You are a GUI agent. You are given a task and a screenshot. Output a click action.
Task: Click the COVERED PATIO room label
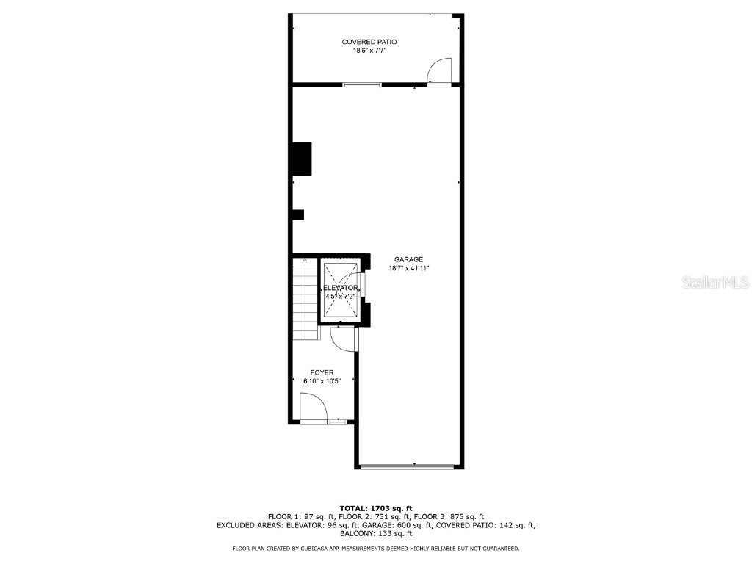point(375,42)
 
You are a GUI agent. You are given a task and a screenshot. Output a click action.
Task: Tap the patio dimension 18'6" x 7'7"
point(375,50)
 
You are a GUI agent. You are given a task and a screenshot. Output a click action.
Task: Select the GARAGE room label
point(408,259)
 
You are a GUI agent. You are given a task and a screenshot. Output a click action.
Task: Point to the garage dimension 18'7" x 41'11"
point(408,268)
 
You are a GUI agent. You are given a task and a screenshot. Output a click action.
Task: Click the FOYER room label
point(322,373)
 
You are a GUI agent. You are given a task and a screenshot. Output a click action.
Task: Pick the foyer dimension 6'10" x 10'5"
point(322,381)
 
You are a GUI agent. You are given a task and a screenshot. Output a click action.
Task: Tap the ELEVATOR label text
point(339,288)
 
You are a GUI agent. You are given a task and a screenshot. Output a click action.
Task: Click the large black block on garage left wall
point(301,158)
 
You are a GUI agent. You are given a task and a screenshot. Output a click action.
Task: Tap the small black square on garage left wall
point(298,214)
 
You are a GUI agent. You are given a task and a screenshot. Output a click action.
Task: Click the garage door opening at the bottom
point(408,466)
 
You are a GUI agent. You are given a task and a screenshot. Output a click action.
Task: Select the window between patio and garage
point(362,84)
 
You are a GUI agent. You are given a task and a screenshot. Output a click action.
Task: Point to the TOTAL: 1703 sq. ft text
point(376,508)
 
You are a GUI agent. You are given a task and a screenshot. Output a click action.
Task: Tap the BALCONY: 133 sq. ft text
point(376,534)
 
